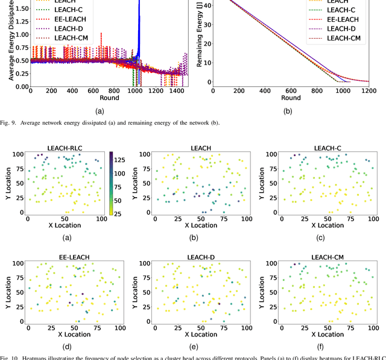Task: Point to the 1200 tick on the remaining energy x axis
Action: (x=368, y=90)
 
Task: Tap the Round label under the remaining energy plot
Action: (x=291, y=98)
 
